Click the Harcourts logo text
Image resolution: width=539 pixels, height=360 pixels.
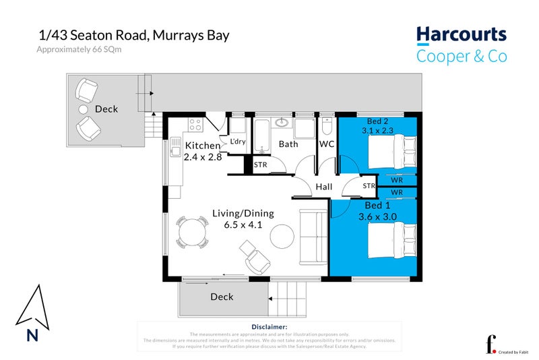click(x=461, y=34)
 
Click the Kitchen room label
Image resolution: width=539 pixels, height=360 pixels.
click(x=202, y=146)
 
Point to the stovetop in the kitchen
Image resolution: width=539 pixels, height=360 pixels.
click(x=196, y=125)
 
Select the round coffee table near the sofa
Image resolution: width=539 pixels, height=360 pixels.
click(x=282, y=235)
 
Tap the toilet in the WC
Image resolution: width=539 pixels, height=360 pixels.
click(x=327, y=126)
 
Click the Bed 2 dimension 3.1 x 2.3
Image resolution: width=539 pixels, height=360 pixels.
click(x=382, y=130)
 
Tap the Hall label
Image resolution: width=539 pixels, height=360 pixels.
click(x=324, y=186)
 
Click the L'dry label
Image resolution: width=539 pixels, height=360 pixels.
click(x=238, y=142)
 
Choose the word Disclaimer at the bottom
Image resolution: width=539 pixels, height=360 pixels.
click(x=269, y=326)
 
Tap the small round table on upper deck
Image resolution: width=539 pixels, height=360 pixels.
click(x=84, y=109)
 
